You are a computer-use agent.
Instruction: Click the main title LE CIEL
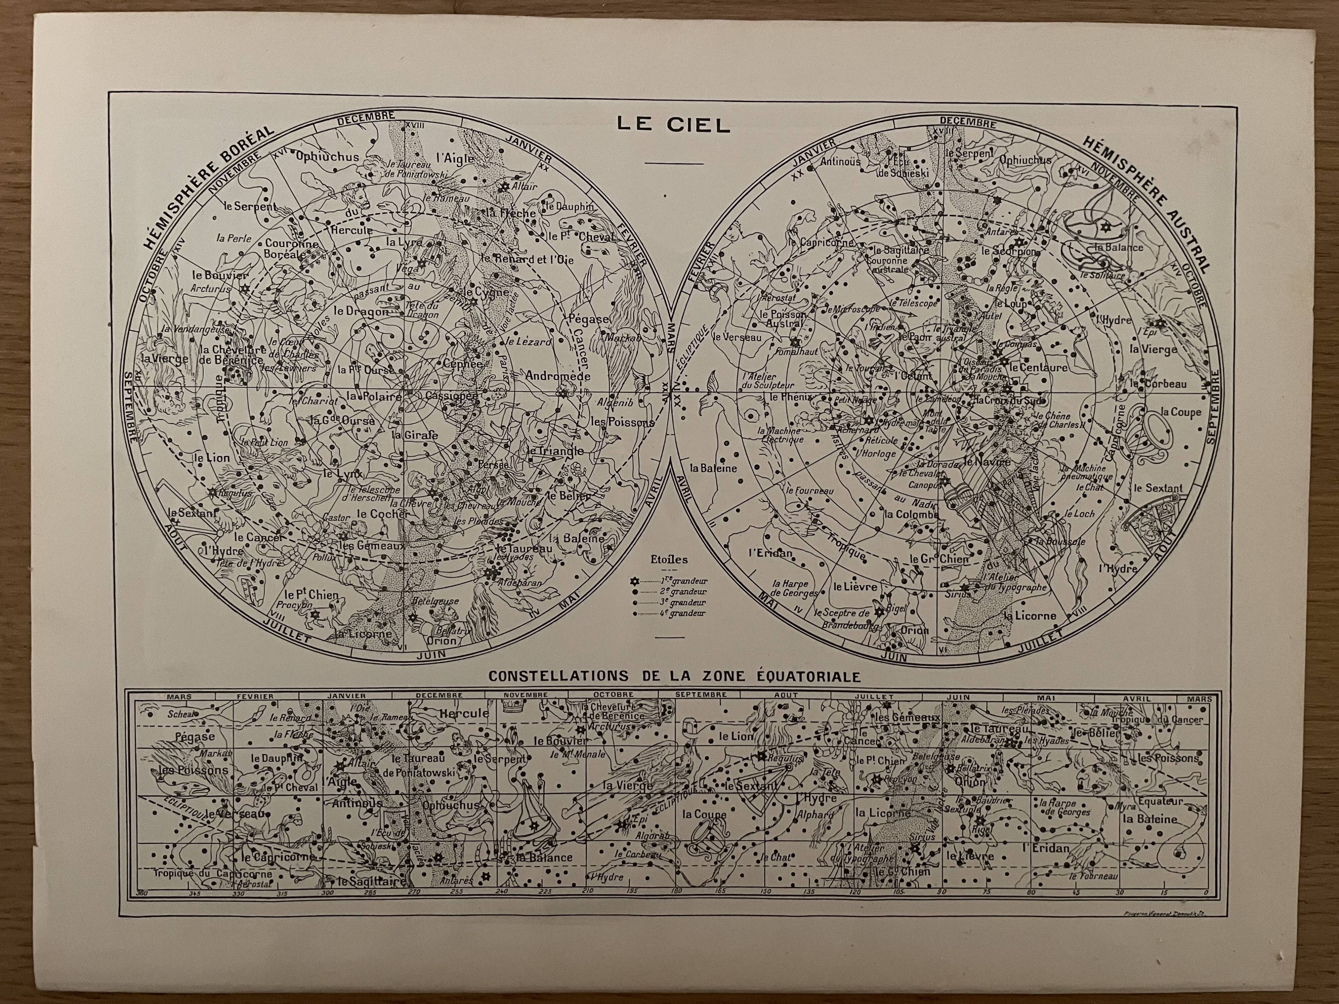(673, 125)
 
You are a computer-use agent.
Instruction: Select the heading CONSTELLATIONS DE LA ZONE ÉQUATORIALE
(674, 676)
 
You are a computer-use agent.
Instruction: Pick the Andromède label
(557, 376)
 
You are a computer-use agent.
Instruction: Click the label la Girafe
(414, 434)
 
